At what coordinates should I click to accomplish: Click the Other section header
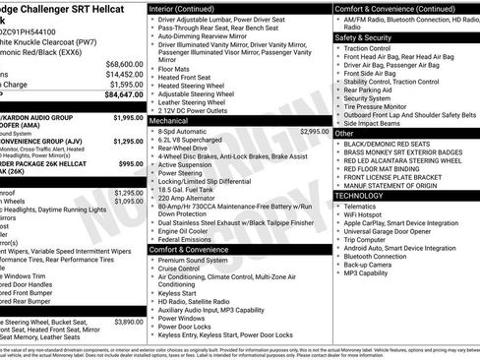click(x=345, y=133)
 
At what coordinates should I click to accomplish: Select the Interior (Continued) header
click(x=189, y=7)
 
